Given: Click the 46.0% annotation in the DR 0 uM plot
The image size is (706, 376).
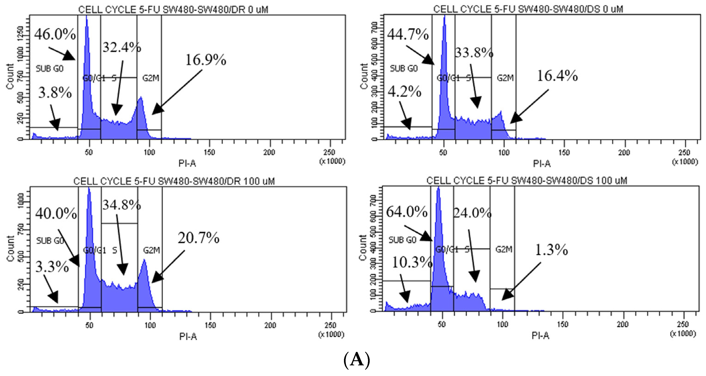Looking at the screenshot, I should click(55, 34).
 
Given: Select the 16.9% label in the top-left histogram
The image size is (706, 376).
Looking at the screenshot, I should click(206, 60).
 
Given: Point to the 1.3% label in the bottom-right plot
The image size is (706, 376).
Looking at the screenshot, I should click(551, 250).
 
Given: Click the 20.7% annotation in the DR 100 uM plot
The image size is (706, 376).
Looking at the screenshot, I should click(198, 238).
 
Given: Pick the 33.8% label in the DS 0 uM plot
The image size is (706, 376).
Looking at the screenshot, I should click(474, 52).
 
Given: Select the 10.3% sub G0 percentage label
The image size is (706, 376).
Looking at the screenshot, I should click(412, 263).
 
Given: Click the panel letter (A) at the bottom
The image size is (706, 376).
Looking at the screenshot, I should click(356, 360).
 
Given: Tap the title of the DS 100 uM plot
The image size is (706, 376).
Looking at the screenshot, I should click(526, 181).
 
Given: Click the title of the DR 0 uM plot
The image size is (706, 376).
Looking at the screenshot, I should click(173, 9).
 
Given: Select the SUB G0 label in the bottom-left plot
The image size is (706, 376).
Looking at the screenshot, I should click(50, 241).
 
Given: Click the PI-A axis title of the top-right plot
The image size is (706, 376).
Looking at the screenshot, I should click(542, 164).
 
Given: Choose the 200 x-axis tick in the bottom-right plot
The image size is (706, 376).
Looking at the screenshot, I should click(622, 324).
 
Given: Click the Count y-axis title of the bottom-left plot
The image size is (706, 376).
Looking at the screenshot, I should click(10, 249).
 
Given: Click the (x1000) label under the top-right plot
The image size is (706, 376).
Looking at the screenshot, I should click(685, 162).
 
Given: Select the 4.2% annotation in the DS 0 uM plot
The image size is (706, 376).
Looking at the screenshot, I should click(404, 92).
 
